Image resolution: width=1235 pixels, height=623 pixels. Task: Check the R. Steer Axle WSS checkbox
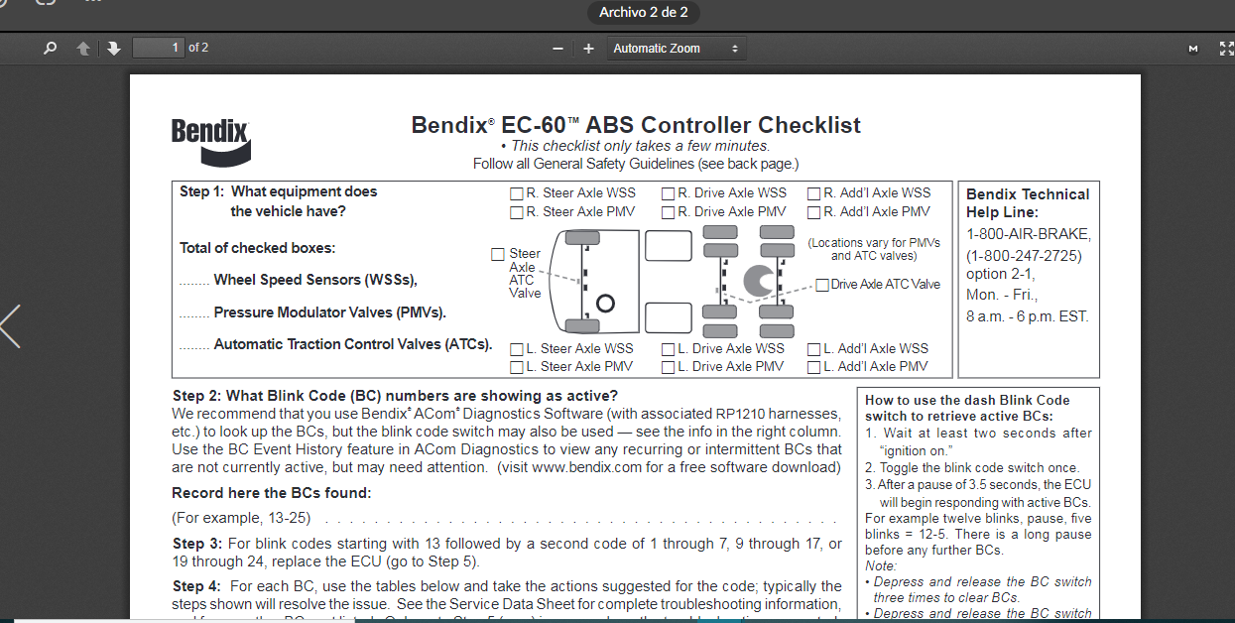[x=517, y=193]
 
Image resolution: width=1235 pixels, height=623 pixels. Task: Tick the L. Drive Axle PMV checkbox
[x=668, y=367]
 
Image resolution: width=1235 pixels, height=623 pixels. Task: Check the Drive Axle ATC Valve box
[x=822, y=285]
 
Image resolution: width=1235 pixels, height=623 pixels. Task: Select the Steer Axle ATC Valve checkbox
[x=497, y=254]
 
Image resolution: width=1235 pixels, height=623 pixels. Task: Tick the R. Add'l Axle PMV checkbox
[x=813, y=212]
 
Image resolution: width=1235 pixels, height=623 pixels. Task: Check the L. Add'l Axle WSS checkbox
[x=813, y=349]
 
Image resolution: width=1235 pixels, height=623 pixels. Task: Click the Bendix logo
[x=211, y=142]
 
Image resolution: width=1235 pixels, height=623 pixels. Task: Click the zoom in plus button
[x=588, y=49]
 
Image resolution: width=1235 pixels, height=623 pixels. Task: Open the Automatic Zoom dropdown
[x=677, y=49]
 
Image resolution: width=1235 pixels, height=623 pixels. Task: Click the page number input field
[x=159, y=48]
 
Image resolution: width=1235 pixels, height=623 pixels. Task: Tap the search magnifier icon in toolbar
[x=50, y=49]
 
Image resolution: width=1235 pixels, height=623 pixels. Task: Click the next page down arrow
[x=113, y=49]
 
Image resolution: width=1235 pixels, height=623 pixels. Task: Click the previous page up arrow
[x=83, y=49]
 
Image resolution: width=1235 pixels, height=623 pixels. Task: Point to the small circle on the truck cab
[x=605, y=304]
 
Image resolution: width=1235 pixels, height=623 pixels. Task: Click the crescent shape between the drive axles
[x=758, y=281]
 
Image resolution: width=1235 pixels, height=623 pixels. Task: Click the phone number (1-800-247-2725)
[x=1024, y=256]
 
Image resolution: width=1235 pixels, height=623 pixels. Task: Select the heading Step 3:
[x=196, y=544]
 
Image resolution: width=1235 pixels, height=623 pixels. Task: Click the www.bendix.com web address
[x=586, y=467]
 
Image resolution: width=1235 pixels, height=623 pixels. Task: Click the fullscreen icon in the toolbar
[x=1226, y=49]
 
